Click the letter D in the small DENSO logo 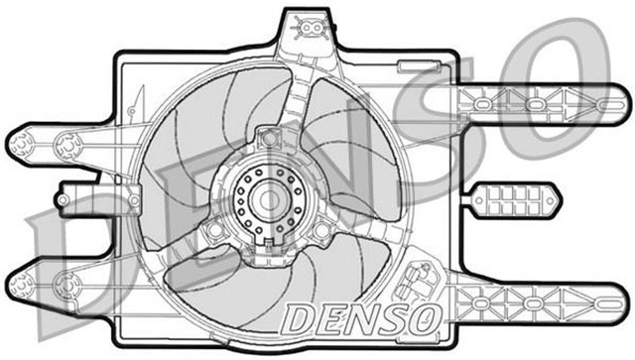pyautogui.click(x=300, y=318)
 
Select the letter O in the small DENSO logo pyautogui.click(x=424, y=318)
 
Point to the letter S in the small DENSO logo pyautogui.click(x=393, y=318)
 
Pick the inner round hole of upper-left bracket pyautogui.click(x=67, y=150)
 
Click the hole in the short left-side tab pyautogui.click(x=63, y=199)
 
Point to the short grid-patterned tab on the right pyautogui.click(x=515, y=199)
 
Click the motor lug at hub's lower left pyautogui.click(x=211, y=232)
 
